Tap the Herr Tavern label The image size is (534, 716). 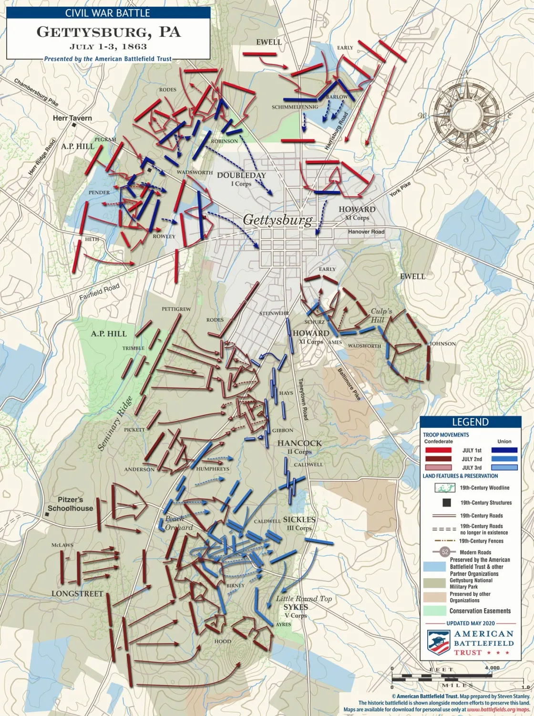[x=72, y=118]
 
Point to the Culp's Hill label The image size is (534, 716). [x=381, y=315]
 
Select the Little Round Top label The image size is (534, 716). [x=304, y=599]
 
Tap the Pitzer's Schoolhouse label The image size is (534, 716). [x=70, y=504]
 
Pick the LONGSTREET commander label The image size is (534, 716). [x=77, y=594]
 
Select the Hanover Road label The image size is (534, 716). [x=366, y=232]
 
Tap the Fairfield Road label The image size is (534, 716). [x=99, y=292]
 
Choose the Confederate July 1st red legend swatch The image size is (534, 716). [x=438, y=450]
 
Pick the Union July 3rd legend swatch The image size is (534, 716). [x=504, y=467]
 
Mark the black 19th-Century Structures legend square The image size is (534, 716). [x=447, y=502]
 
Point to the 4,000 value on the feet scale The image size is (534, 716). [x=492, y=668]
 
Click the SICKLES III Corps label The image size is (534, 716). [x=299, y=523]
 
